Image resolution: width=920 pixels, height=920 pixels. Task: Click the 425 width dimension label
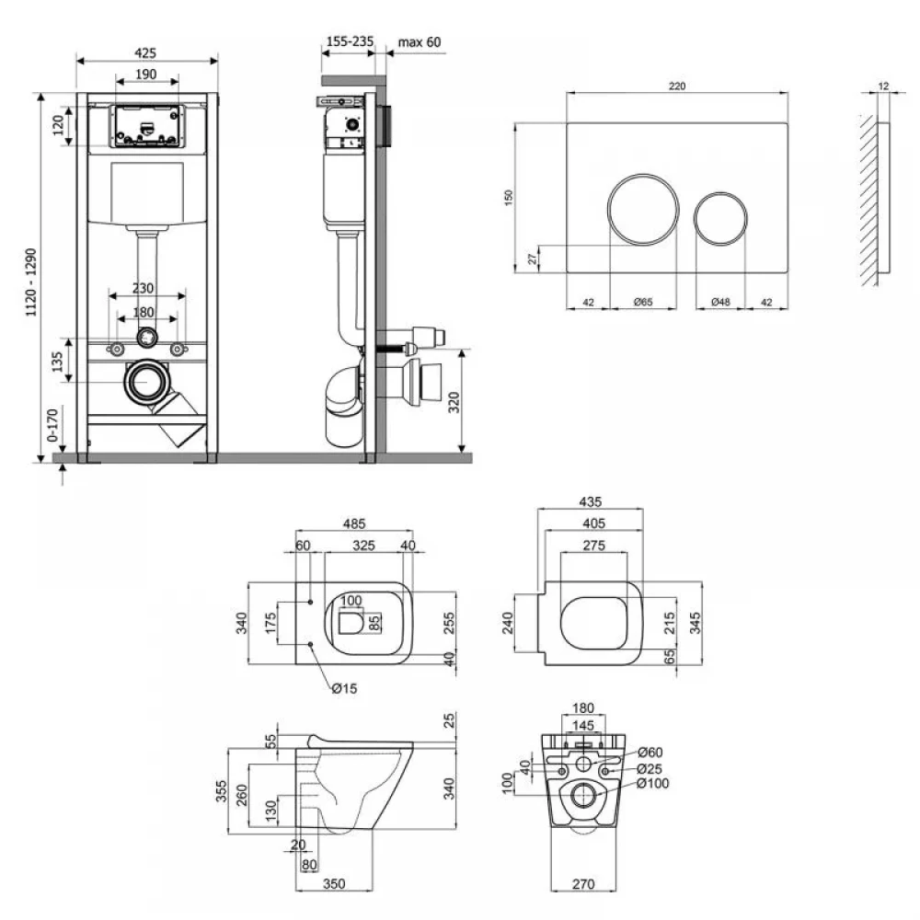click(145, 52)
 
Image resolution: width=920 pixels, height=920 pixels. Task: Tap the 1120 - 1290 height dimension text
click(31, 282)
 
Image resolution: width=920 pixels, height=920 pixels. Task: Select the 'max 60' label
click(419, 42)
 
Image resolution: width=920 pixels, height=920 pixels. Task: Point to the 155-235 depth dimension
click(350, 41)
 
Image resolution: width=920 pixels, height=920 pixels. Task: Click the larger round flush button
click(643, 209)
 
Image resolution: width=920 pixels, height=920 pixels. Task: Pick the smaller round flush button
click(720, 218)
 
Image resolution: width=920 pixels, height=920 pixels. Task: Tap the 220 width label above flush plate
click(677, 86)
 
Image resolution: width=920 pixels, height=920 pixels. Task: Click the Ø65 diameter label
click(643, 302)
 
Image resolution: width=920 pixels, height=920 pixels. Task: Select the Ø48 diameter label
click(720, 302)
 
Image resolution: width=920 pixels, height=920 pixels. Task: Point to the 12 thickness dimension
click(883, 86)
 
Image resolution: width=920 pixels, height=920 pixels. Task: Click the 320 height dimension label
click(454, 403)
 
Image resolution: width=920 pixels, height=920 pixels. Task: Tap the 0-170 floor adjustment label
click(52, 425)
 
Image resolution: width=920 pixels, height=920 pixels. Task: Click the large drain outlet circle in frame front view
click(144, 382)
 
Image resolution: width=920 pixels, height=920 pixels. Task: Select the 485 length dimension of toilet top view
click(354, 523)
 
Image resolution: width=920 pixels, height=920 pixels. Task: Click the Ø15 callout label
click(344, 688)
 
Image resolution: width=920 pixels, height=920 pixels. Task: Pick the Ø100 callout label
click(652, 783)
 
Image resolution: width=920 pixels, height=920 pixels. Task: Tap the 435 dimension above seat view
click(591, 501)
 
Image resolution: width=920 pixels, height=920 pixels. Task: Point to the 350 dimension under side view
click(334, 883)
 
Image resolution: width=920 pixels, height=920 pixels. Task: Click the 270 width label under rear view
click(583, 883)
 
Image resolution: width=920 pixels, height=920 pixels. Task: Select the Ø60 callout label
click(650, 753)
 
